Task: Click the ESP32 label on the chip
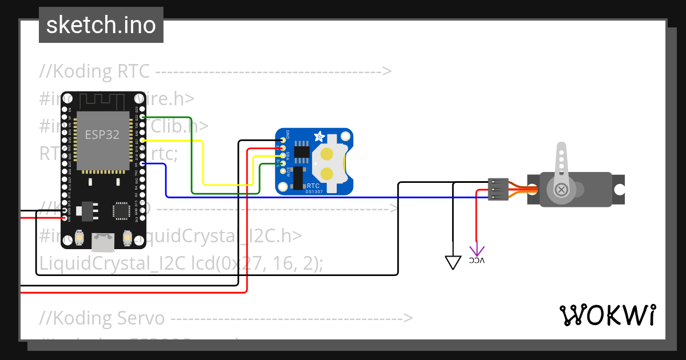coord(102,135)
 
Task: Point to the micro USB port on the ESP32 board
coord(102,242)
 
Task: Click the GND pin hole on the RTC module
coord(283,140)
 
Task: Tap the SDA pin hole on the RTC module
coord(283,156)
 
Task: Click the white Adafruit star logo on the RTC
coord(320,137)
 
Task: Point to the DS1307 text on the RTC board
coord(313,191)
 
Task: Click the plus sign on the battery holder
coord(314,163)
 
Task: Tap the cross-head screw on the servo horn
coord(562,189)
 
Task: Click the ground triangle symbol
coord(453,262)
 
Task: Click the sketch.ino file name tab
coord(101,25)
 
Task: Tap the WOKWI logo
coord(607,315)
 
